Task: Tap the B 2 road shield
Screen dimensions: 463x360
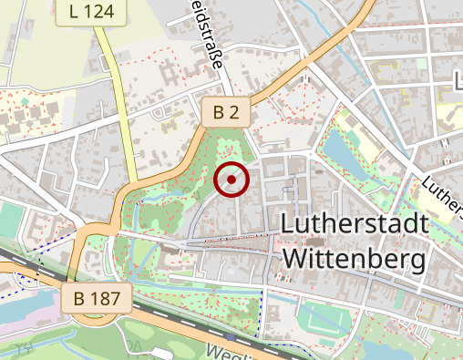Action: tap(225, 112)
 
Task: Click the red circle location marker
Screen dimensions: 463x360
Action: tap(231, 180)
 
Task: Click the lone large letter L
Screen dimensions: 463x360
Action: tap(458, 82)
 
